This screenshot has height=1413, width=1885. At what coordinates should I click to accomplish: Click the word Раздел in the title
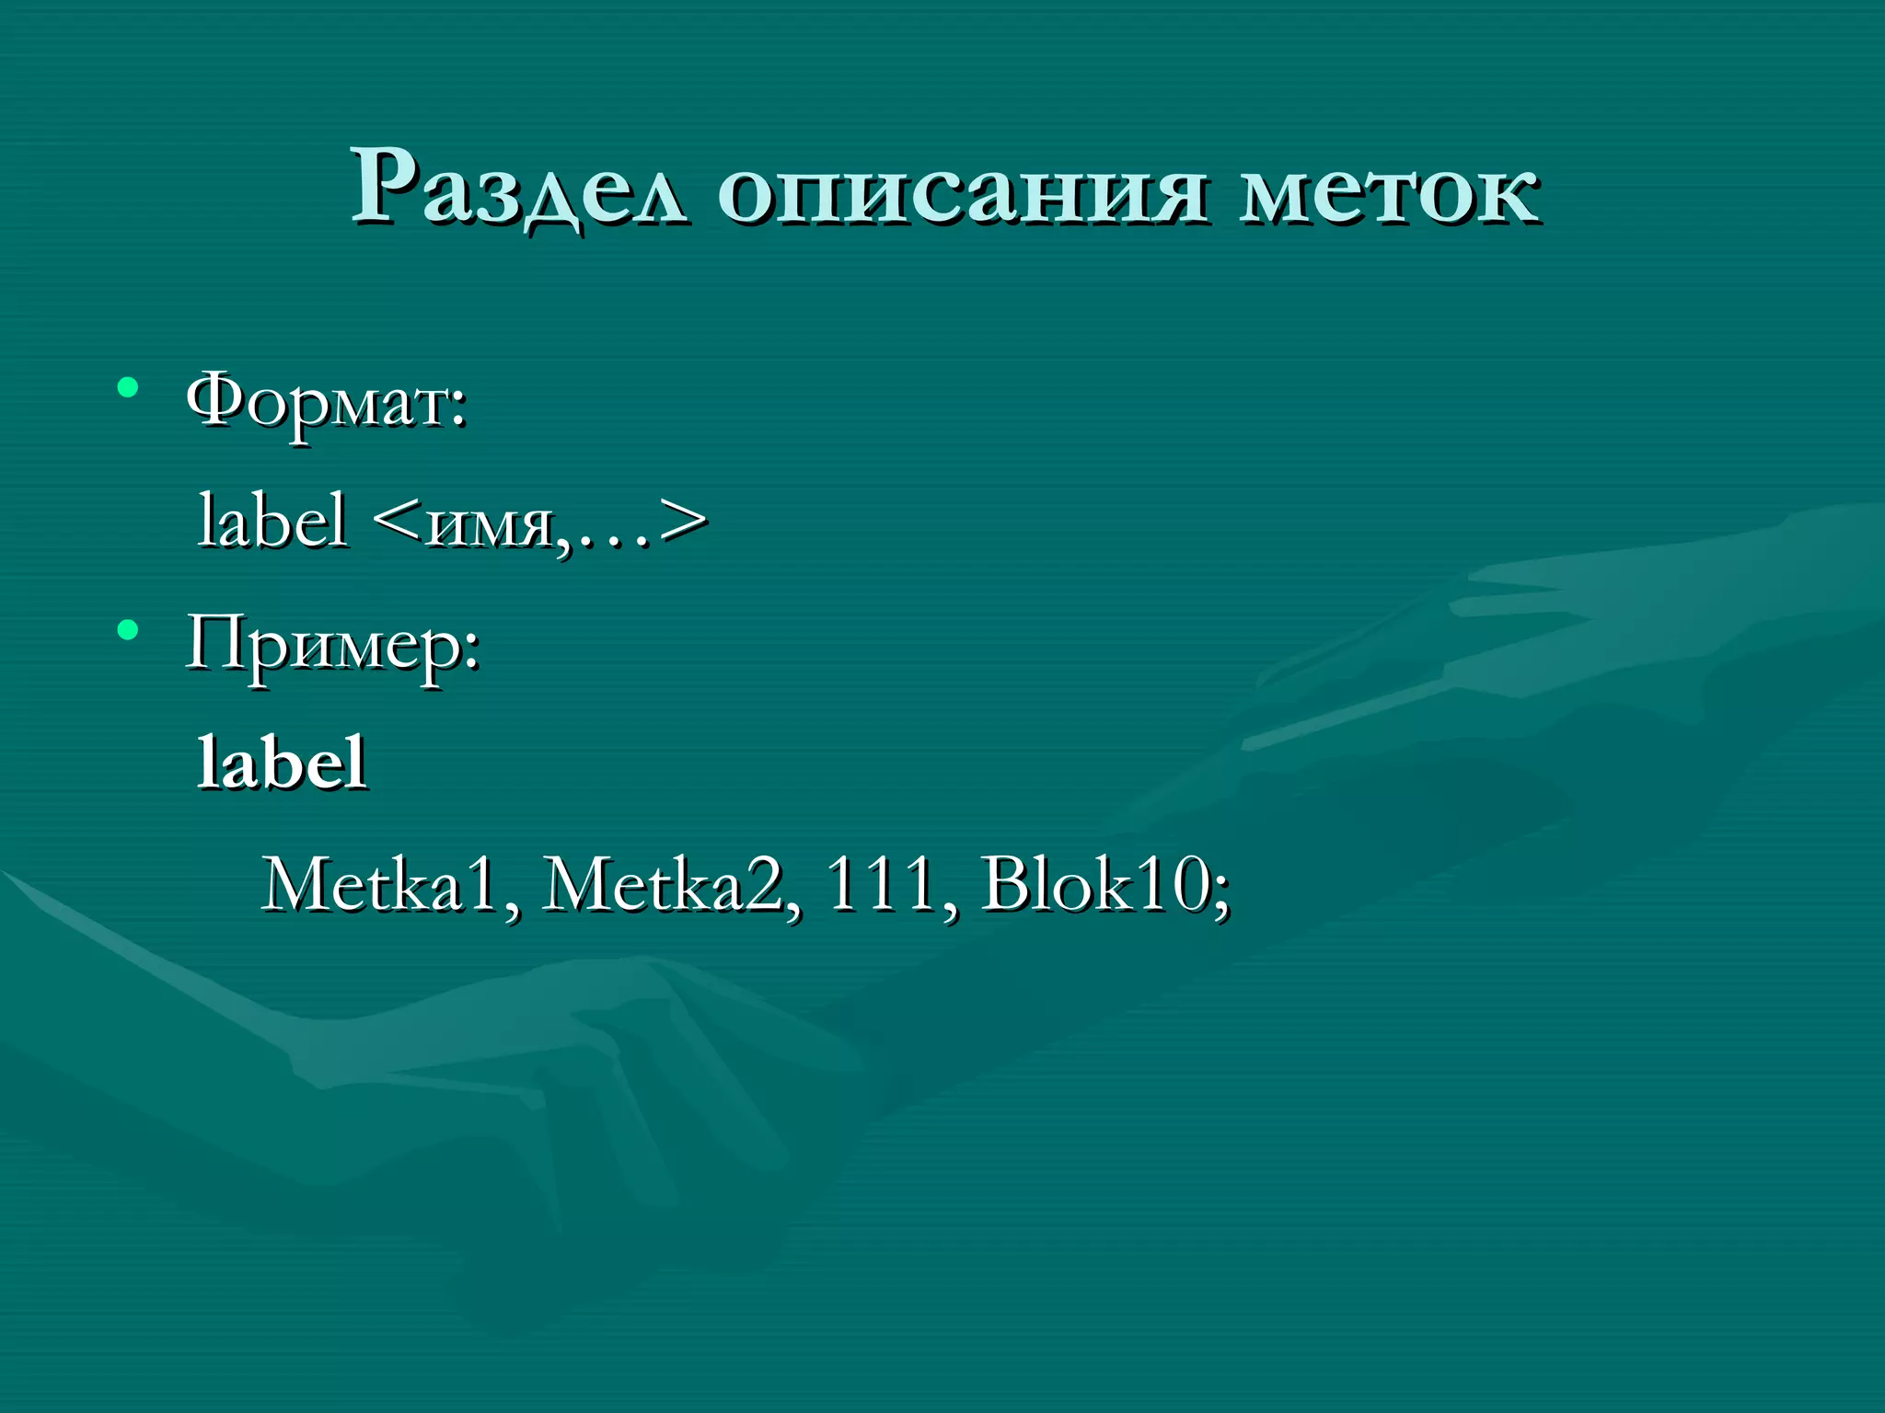518,189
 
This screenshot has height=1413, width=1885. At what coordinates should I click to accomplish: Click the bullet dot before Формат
128,388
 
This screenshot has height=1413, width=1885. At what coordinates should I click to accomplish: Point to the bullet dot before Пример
128,631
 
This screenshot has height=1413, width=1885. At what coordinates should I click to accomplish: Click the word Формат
318,403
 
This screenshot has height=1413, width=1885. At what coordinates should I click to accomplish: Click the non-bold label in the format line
273,521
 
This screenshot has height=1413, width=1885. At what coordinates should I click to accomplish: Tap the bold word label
283,763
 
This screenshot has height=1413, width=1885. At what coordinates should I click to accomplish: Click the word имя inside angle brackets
488,526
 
